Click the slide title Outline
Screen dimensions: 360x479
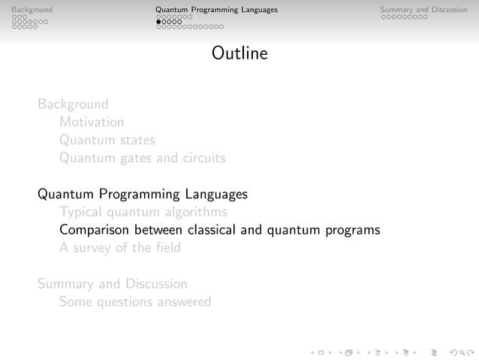point(239,54)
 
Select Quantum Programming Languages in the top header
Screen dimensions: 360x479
point(216,10)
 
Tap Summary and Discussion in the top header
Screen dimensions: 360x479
point(423,10)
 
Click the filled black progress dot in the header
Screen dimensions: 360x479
point(158,22)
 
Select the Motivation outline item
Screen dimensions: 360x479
point(92,122)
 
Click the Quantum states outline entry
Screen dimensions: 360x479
point(107,140)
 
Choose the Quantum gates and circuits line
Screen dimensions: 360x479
point(142,158)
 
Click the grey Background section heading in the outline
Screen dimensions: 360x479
point(73,104)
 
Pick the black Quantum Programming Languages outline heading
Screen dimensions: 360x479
point(143,194)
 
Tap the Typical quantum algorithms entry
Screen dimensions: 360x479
point(143,212)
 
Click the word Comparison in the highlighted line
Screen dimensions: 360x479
point(95,230)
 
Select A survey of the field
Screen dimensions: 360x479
point(120,248)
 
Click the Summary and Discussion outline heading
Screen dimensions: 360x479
point(113,284)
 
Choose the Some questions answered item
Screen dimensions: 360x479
point(135,302)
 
